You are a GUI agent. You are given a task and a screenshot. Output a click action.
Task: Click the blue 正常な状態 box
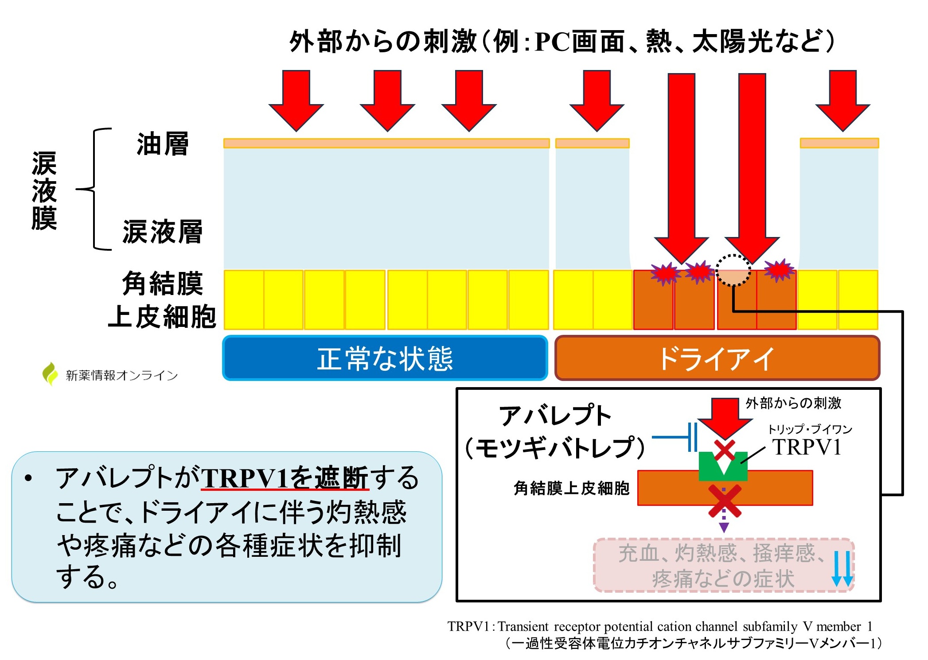pyautogui.click(x=385, y=358)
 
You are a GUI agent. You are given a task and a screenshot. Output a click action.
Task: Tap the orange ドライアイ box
pyautogui.click(x=717, y=358)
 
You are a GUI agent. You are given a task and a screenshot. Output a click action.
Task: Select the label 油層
pyautogui.click(x=163, y=144)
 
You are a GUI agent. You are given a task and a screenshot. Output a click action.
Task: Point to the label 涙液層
pyautogui.click(x=163, y=232)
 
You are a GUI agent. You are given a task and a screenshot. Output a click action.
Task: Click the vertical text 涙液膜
pyautogui.click(x=44, y=190)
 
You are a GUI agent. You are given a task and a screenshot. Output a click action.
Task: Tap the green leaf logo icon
pyautogui.click(x=50, y=374)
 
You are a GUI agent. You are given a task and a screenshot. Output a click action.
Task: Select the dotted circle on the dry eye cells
pyautogui.click(x=733, y=271)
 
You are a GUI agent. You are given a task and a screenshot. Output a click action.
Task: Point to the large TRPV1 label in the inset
pyautogui.click(x=807, y=447)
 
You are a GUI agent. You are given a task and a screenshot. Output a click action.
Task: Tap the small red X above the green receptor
pyautogui.click(x=725, y=450)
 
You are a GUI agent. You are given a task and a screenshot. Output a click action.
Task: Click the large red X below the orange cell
pyautogui.click(x=724, y=501)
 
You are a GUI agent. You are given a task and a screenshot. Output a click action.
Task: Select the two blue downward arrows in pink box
pyautogui.click(x=842, y=569)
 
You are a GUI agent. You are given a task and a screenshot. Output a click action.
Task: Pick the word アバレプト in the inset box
pyautogui.click(x=555, y=415)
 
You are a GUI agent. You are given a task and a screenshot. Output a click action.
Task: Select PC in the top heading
pyautogui.click(x=552, y=43)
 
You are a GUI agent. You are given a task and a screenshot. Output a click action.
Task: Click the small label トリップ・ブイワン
pyautogui.click(x=810, y=429)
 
